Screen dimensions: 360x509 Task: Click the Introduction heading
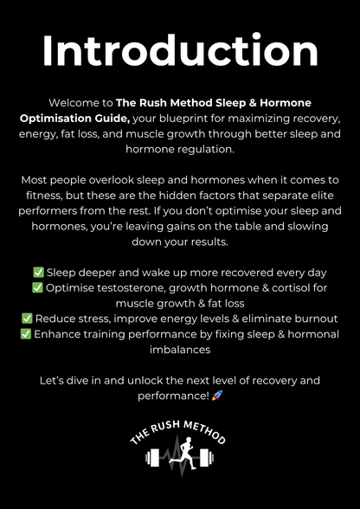[x=179, y=51]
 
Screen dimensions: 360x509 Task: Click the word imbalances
[x=179, y=350]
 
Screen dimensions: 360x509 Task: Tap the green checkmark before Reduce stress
[x=28, y=319]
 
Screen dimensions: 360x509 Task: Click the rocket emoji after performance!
[x=217, y=396]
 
